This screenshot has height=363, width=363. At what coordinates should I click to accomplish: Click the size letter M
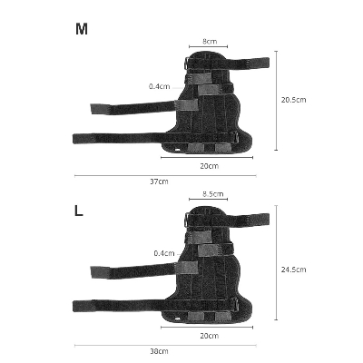(82, 29)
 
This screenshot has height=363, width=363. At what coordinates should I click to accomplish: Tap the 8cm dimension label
(209, 42)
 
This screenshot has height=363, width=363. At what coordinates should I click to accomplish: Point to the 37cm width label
(159, 181)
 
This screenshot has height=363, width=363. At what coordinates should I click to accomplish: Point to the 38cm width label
(159, 350)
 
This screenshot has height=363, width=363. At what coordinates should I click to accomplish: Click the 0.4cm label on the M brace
(160, 86)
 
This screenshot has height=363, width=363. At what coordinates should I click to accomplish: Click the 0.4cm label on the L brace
(164, 253)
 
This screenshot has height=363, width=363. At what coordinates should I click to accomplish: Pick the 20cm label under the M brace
(208, 166)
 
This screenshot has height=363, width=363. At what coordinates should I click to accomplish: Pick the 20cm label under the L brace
(208, 335)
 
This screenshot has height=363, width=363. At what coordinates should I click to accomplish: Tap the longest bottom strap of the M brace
(118, 139)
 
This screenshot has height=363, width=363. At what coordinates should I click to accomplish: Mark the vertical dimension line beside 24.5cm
(276, 270)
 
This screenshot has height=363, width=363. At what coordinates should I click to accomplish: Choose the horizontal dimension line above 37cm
(163, 174)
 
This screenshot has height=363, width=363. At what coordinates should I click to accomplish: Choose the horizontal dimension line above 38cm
(163, 343)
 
